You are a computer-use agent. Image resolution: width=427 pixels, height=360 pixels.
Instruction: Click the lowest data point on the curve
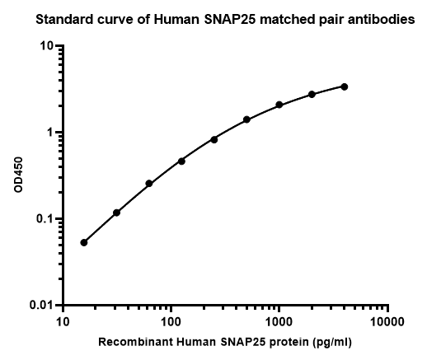84,242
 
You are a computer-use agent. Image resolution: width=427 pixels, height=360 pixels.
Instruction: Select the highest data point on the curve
344,86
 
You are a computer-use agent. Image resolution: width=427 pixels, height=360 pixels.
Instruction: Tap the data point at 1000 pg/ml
279,105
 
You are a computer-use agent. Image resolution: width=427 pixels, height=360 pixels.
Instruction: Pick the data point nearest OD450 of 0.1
116,213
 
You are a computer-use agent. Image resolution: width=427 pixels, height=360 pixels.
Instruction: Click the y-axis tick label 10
46,45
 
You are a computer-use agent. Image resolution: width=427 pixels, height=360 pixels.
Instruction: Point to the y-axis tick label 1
49,133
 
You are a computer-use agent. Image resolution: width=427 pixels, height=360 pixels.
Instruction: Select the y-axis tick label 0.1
44,219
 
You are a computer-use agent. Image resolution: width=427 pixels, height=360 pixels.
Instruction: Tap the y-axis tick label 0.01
41,305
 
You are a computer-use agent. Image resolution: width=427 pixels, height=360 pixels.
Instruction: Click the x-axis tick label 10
63,322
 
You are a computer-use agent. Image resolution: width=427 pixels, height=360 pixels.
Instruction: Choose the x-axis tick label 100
171,322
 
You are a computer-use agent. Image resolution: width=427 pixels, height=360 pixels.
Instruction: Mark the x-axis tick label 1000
279,322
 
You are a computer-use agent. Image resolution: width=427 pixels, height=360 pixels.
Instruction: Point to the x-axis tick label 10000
387,322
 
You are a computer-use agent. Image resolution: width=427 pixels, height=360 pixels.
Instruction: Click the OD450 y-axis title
18,175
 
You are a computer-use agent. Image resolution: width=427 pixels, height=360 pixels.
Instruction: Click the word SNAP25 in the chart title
230,20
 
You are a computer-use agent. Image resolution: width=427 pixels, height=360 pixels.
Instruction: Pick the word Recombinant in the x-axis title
135,342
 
